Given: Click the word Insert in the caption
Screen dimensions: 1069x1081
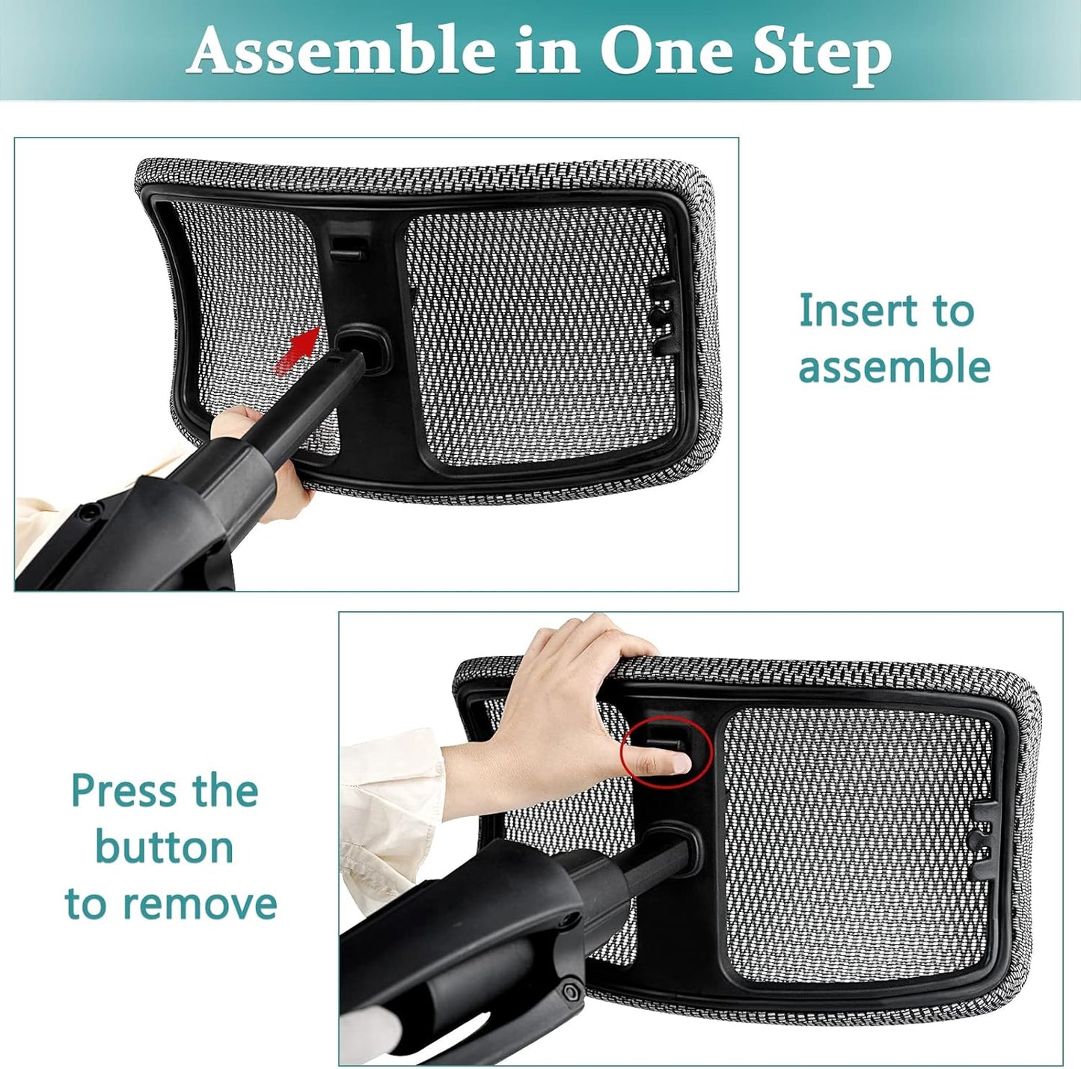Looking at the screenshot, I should pyautogui.click(x=854, y=310).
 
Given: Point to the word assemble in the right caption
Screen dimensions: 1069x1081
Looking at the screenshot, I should pyautogui.click(x=894, y=367).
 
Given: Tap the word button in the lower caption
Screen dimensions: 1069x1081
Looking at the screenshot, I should pyautogui.click(x=164, y=847).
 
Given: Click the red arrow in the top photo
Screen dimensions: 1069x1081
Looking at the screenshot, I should pyautogui.click(x=298, y=350).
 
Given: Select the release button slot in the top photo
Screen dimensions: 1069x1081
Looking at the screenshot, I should pyautogui.click(x=349, y=248).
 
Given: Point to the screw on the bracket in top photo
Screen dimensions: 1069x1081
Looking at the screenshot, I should pyautogui.click(x=90, y=512).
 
